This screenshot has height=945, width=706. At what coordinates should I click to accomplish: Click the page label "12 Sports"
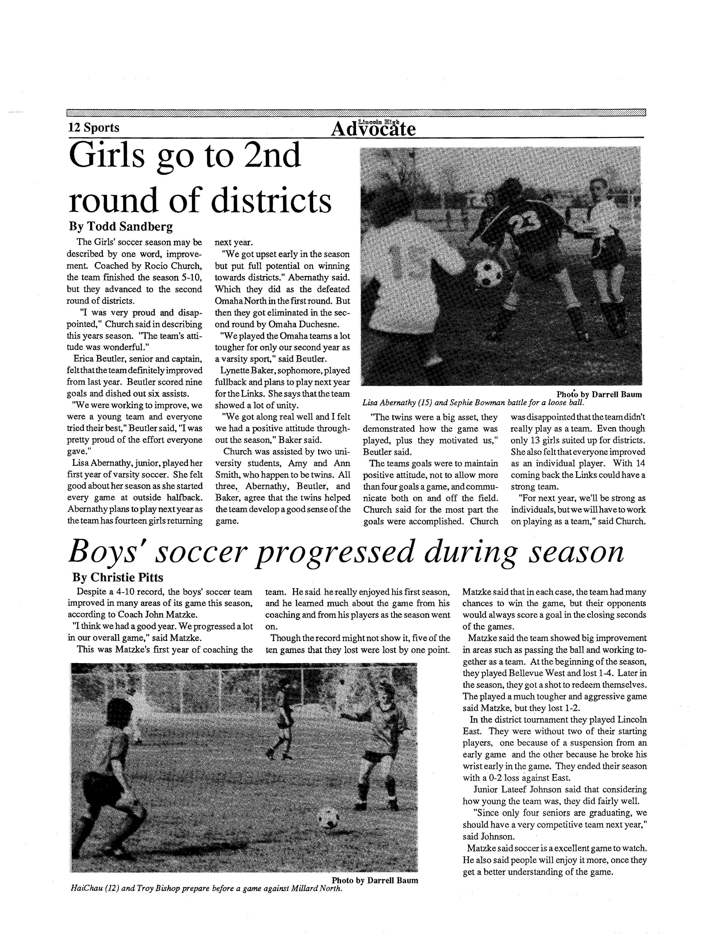(x=94, y=128)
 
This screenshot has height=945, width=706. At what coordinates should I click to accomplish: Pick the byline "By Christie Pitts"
(x=118, y=578)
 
